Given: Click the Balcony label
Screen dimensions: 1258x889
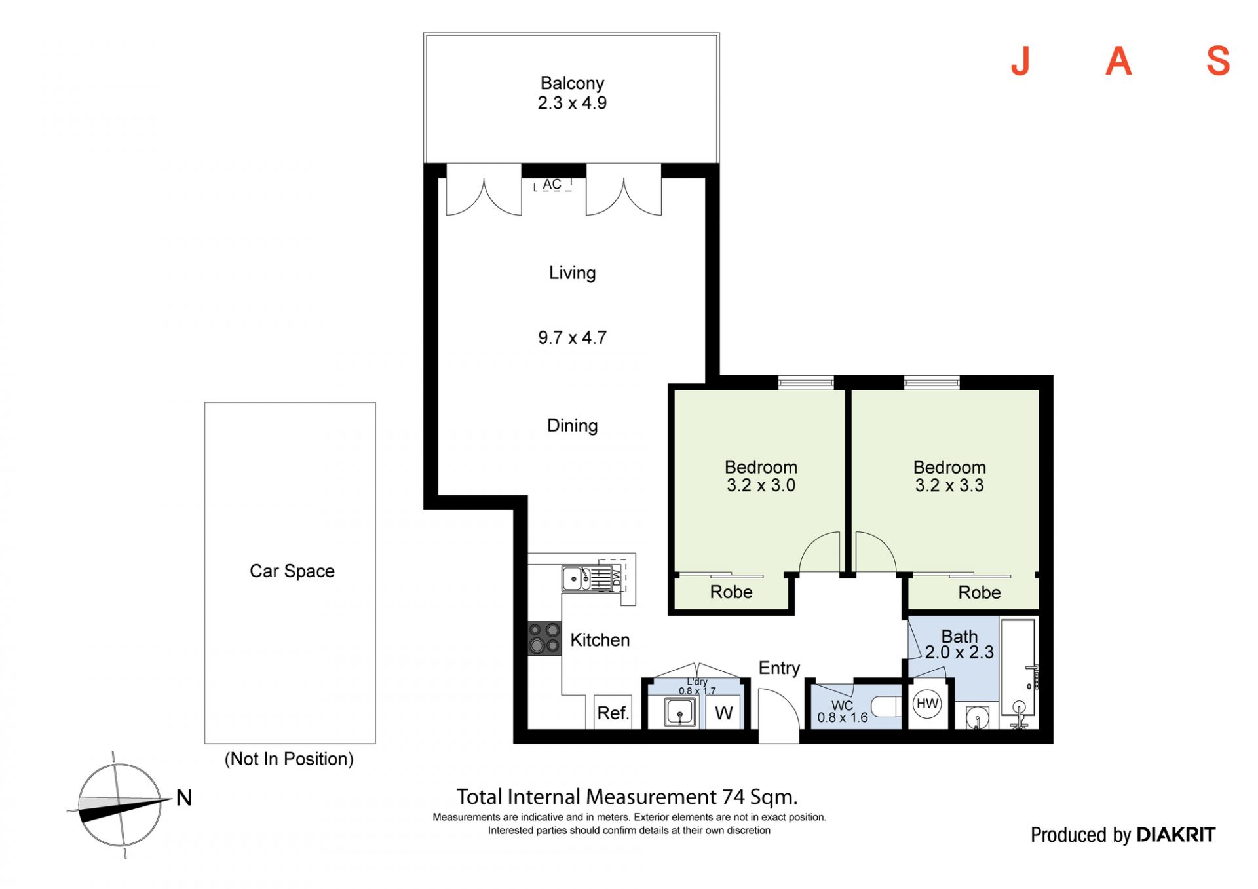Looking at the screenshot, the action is point(572,83).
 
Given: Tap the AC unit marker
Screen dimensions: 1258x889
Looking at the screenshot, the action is point(552,184).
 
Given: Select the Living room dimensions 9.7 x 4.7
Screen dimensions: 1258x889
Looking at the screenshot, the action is point(572,337).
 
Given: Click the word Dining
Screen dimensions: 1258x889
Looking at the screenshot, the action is point(573,426).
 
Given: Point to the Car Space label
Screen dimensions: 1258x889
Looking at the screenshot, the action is point(292,571).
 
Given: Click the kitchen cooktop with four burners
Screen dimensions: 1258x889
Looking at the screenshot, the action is point(544,638).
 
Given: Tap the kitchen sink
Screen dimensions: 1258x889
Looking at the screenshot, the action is point(577,578).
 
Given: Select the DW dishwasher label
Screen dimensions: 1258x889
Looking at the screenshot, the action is point(617,577).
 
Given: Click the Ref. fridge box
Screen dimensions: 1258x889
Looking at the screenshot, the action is point(613,712).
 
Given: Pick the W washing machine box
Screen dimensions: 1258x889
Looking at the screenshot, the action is point(723,713).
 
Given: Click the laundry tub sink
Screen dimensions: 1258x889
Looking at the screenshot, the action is point(680,712).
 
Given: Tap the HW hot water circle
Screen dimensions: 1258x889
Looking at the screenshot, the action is point(927,704).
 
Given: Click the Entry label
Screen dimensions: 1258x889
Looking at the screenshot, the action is point(779,668).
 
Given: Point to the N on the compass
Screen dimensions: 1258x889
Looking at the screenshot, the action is point(184,797).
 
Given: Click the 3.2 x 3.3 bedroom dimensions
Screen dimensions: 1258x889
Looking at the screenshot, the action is point(949,485).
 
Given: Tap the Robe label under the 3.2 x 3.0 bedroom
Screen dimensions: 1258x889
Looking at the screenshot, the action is point(731,592).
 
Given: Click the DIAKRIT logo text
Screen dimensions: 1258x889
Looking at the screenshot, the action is point(1175,835).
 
